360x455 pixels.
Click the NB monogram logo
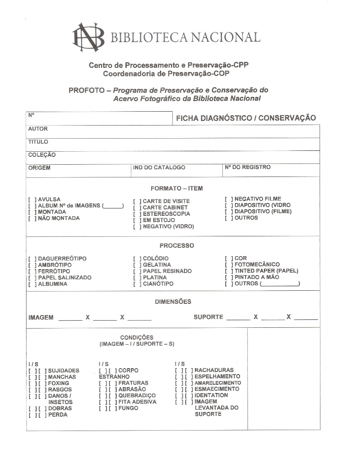pos(88,37)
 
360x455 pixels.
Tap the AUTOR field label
pos(38,129)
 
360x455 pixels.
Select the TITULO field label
pos(38,142)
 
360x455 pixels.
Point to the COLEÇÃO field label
pos(42,155)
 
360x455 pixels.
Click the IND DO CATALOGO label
pos(159,168)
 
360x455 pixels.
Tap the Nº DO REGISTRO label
pos(248,167)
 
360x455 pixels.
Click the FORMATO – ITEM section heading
pos(177,188)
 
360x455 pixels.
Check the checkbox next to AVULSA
pos(32,199)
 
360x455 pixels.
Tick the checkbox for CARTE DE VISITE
pos(137,201)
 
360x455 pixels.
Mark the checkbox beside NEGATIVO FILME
pos(229,199)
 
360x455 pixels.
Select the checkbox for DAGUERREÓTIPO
pos(32,259)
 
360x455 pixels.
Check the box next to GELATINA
pos(137,265)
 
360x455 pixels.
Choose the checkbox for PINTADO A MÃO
pos(229,277)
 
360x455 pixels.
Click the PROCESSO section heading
pos(177,246)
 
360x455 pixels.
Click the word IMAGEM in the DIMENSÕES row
pos(41,318)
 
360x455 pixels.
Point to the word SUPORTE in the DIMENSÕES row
pos(208,317)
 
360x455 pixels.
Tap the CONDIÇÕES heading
pos(137,337)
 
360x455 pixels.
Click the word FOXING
pos(59,383)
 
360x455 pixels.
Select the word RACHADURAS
pos(214,370)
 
